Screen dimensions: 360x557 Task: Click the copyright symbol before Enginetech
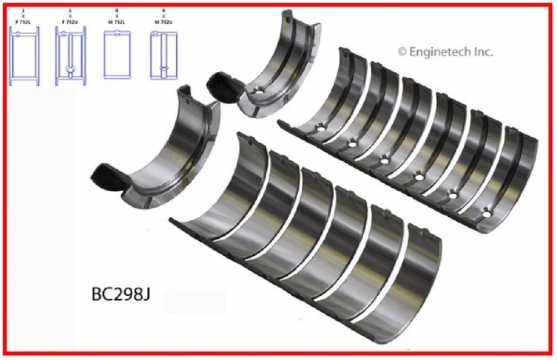[402, 52]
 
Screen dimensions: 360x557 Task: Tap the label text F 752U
[70, 21]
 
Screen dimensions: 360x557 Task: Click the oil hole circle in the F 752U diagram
[70, 68]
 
